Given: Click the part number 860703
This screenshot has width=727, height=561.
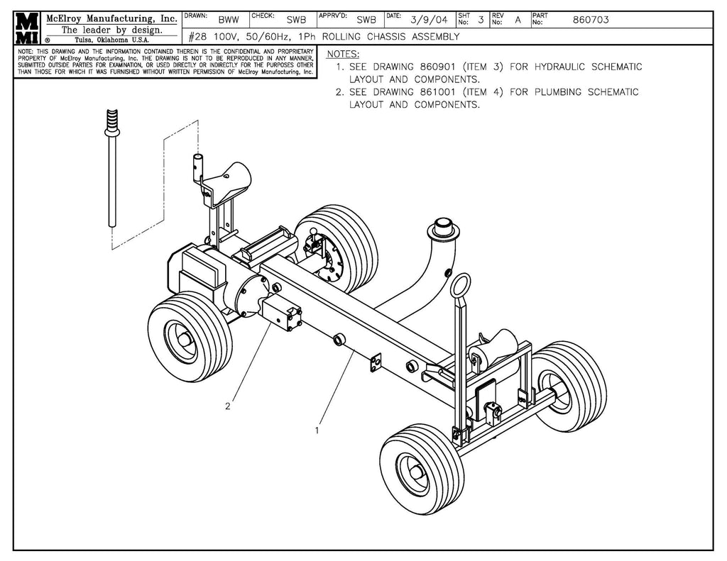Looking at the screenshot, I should click(590, 20).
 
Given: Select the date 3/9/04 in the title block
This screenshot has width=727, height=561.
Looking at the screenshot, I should click(429, 20).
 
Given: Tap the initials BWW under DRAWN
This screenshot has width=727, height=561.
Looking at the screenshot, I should click(229, 20).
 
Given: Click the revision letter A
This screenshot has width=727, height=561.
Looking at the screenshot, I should click(518, 20).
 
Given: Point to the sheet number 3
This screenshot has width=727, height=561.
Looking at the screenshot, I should click(481, 20).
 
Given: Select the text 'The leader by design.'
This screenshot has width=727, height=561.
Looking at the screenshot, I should click(111, 30).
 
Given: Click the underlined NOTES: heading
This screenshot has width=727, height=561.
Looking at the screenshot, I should click(342, 55).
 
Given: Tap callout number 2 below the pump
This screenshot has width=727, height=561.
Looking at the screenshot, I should click(227, 406).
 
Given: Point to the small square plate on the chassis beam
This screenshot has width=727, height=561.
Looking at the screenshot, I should click(374, 364).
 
